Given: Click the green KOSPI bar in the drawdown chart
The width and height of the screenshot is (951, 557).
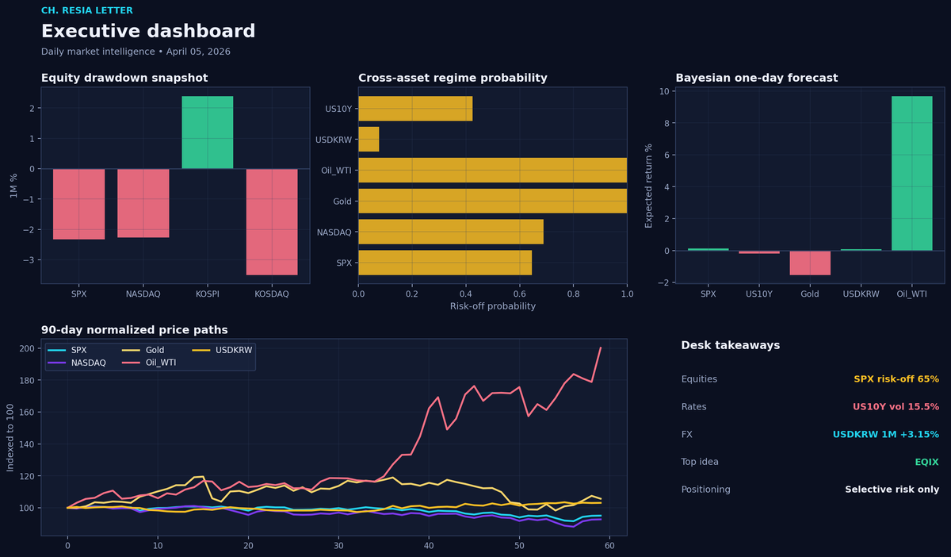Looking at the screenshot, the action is (x=207, y=133).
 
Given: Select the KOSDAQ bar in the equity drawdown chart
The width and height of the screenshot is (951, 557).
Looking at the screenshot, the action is (x=272, y=222).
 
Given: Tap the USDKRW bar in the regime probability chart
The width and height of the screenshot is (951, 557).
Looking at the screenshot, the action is (x=369, y=140).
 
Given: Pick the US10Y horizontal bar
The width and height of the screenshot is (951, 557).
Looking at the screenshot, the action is (x=415, y=109).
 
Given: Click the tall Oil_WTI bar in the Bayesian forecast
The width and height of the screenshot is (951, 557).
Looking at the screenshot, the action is (x=912, y=174).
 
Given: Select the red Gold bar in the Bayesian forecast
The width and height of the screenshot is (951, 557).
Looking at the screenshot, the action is (x=810, y=263).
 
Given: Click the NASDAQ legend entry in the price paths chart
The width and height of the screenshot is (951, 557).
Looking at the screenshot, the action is (x=76, y=363).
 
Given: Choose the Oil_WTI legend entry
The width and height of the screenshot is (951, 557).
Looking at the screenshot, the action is (x=149, y=363).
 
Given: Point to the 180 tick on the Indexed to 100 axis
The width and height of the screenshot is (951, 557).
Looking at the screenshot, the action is (x=27, y=380).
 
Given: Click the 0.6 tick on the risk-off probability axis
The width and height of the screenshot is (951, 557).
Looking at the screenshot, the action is (x=519, y=294).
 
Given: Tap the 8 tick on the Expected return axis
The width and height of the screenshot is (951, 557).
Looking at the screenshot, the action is (x=666, y=123).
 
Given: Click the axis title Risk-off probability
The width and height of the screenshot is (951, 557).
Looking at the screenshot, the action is (x=492, y=306).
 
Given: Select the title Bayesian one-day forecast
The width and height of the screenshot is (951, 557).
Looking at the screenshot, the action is (x=757, y=78).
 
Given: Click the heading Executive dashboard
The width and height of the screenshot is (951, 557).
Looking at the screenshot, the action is (x=148, y=31).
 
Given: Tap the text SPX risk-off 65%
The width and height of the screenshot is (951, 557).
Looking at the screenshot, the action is (x=896, y=378).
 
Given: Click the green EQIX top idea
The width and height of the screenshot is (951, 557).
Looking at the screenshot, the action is (x=926, y=462).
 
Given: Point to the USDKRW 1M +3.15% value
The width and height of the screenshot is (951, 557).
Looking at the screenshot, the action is (x=886, y=434).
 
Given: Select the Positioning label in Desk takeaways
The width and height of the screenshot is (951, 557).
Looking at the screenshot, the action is (x=705, y=490).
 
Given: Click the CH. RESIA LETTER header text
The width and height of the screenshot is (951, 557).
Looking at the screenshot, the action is (x=87, y=10).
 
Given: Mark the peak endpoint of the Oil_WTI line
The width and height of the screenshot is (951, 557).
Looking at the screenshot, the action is (x=601, y=348).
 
